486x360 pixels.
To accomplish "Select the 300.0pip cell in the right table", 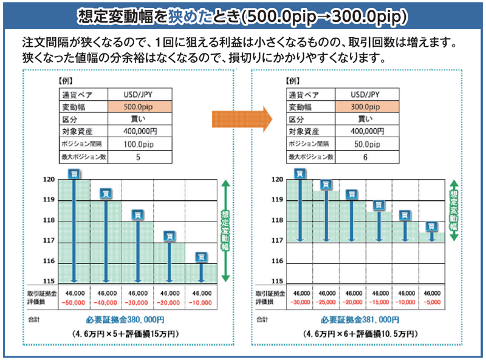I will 365,106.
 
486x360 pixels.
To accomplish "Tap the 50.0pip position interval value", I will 365,144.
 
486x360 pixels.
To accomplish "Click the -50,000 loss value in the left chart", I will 76,302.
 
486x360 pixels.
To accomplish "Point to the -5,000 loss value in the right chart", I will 432,302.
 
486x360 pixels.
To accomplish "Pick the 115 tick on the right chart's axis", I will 277,282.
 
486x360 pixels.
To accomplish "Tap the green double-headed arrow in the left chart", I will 225,230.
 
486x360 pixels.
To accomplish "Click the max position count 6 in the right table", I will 365,157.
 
